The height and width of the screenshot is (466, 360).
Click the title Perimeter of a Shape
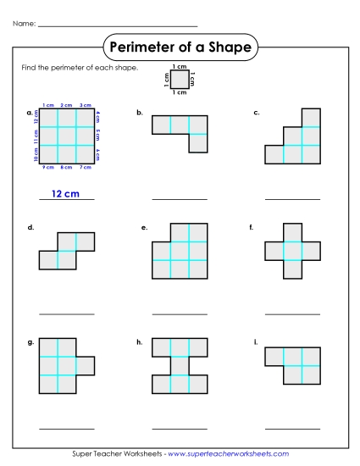tap(180, 47)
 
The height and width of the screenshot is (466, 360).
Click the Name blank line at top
tap(118, 25)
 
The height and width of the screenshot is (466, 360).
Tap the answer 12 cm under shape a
tap(64, 194)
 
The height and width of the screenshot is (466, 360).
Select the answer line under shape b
tap(179, 199)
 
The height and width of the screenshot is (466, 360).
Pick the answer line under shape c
tap(292, 199)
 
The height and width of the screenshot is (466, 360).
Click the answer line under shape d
tap(66, 313)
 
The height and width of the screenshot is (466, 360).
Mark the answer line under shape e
tap(179, 313)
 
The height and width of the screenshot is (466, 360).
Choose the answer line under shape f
tap(292, 313)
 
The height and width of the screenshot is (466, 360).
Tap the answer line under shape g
tap(66, 426)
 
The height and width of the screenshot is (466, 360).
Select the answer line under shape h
tap(179, 426)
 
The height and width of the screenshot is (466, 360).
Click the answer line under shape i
tap(292, 426)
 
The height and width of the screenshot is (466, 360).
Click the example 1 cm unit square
tap(180, 79)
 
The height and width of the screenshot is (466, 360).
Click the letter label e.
tap(145, 228)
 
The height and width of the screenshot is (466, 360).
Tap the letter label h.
tap(139, 341)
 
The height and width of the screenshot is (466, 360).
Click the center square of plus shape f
tap(292, 251)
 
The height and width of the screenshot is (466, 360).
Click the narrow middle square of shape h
tap(180, 366)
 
